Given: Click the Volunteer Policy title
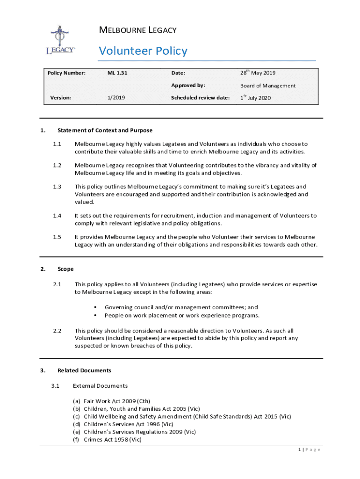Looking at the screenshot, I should [x=143, y=51].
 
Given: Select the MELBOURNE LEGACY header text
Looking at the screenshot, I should [x=137, y=30].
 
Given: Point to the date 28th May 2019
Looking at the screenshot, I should [x=258, y=73].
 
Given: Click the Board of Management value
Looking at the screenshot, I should [x=268, y=86].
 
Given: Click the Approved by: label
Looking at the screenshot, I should [x=188, y=86].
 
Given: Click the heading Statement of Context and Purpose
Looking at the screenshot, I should [x=105, y=131].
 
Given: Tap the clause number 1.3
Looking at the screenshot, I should [x=57, y=187].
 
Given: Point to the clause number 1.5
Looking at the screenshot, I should [x=57, y=237].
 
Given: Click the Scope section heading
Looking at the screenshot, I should [x=65, y=269].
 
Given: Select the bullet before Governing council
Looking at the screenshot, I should [x=95, y=307].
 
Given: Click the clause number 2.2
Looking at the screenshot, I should [x=57, y=330].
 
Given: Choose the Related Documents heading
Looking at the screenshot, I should [x=84, y=370].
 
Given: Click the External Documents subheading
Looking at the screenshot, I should [x=100, y=386].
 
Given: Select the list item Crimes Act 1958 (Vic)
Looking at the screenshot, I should [x=112, y=439].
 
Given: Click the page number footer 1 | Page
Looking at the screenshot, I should [x=309, y=450].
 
